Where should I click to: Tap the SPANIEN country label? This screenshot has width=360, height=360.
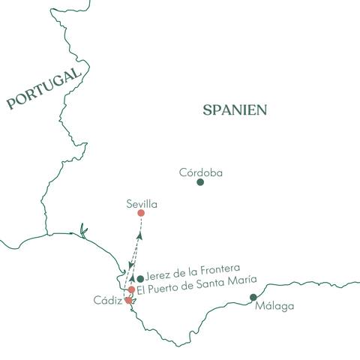235,110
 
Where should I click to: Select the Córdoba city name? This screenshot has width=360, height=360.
201,172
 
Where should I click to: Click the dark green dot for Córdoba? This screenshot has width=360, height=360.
200,182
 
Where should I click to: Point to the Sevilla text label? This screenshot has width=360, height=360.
143,203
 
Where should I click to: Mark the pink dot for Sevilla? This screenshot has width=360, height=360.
141,213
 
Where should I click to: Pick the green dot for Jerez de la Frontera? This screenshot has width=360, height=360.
140,279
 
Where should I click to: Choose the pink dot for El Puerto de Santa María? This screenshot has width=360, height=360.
132,289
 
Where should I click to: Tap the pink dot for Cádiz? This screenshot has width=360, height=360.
128,300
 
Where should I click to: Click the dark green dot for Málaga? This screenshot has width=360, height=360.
253,298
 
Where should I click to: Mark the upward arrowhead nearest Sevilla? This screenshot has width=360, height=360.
139,236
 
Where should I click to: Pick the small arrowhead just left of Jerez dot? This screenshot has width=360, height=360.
132,277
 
